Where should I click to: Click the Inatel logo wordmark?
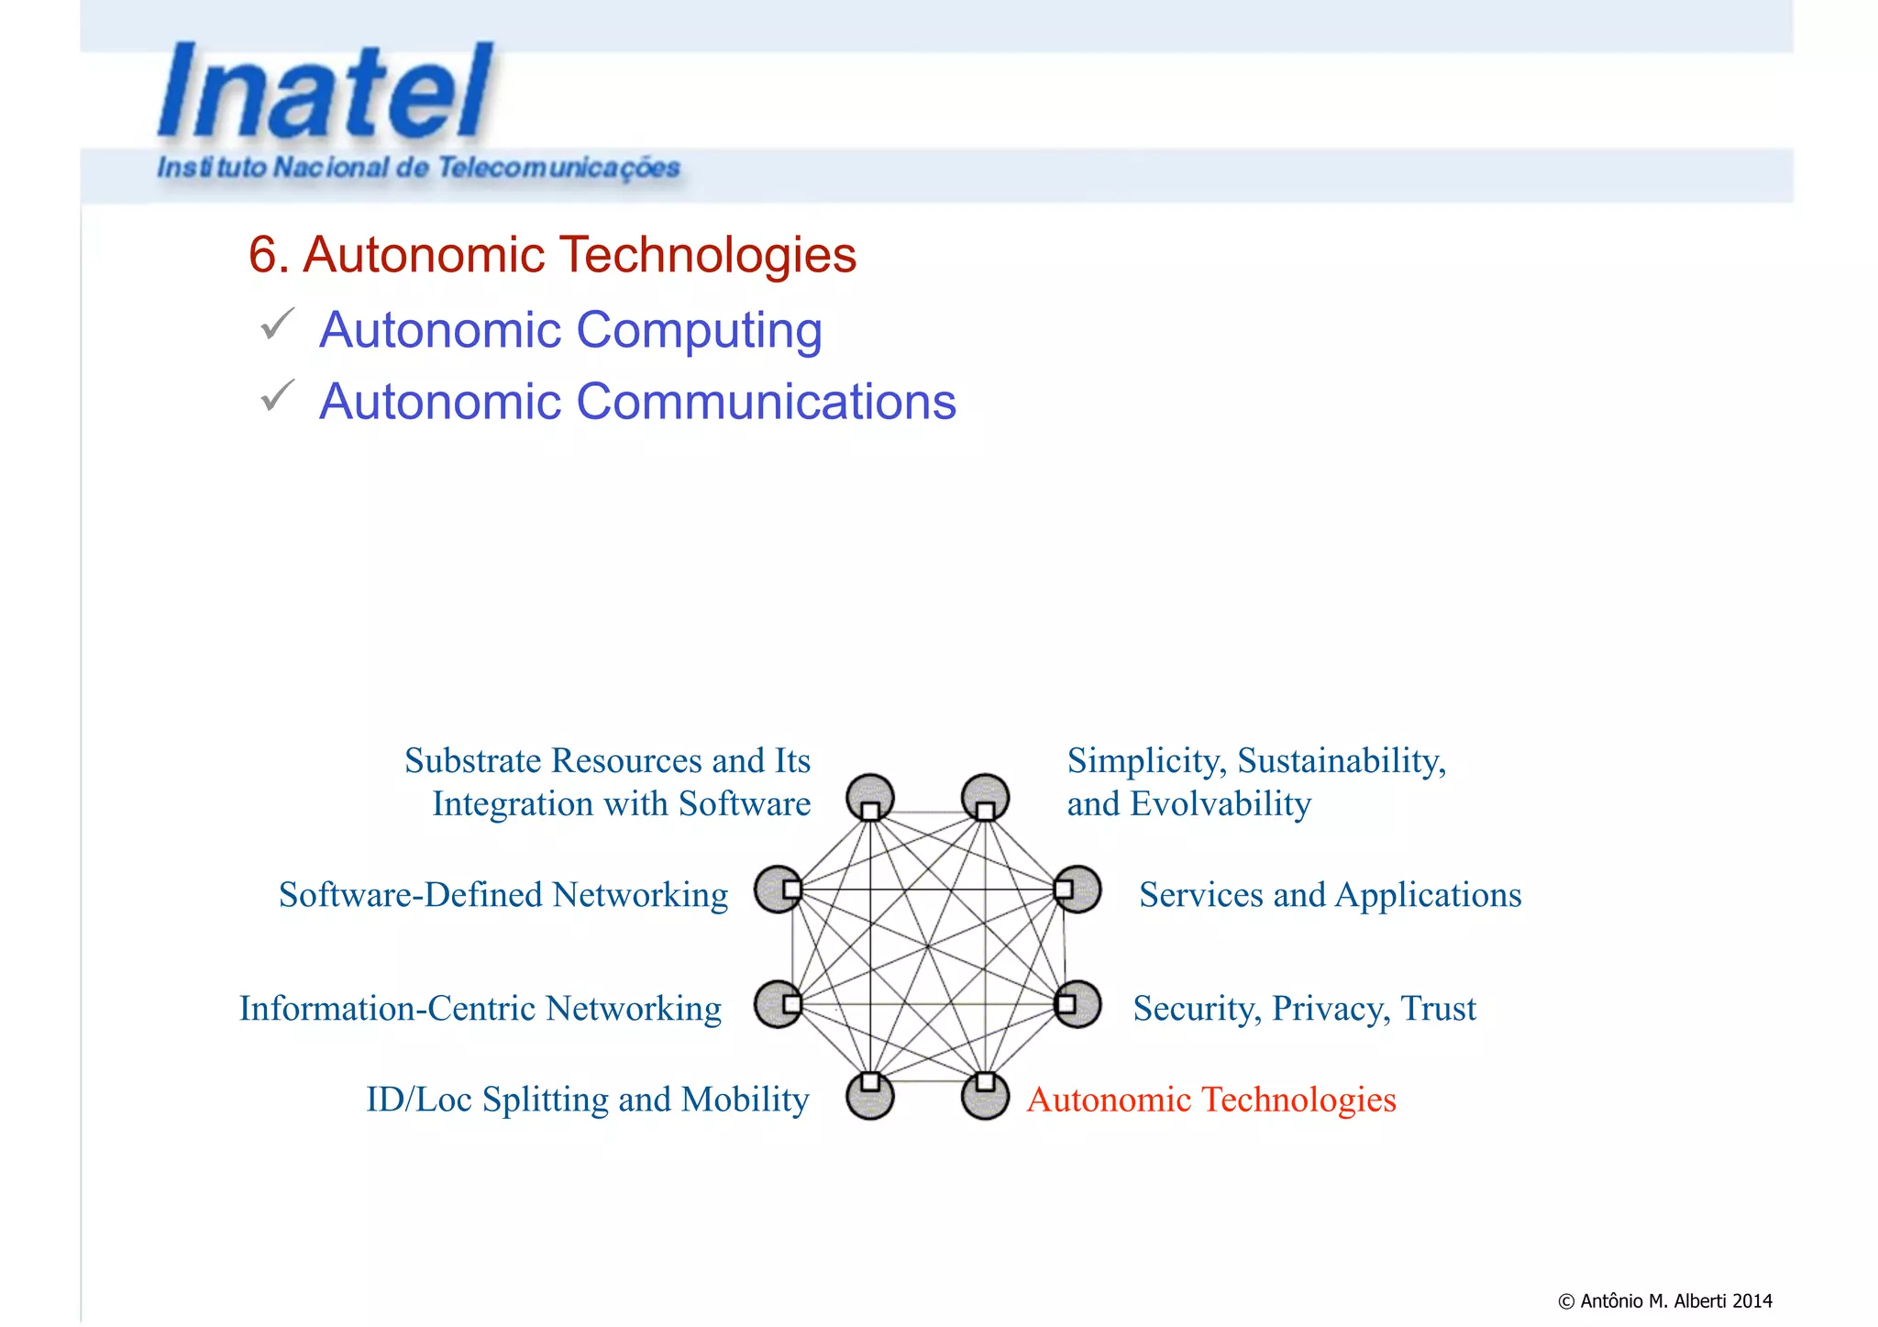pos(326,92)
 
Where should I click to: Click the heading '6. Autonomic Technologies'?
pos(552,254)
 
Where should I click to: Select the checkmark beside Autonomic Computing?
pos(276,324)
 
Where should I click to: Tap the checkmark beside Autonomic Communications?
pos(276,395)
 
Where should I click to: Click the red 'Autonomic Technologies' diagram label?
pos(1210,1099)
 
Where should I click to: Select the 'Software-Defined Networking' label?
pos(503,894)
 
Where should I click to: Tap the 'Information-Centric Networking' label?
pos(481,1008)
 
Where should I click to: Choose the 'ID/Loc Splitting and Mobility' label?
pos(588,1099)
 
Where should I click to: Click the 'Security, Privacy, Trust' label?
pos(1304,1008)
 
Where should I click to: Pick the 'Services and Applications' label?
pos(1330,894)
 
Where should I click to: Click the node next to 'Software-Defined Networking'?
pos(779,890)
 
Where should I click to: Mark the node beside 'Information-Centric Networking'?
pos(779,1004)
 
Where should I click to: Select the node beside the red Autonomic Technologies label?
pos(985,1095)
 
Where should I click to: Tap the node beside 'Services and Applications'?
pos(1077,890)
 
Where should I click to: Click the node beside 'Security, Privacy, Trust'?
pos(1077,1004)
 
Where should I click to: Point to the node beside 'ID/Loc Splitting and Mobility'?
pos(870,1095)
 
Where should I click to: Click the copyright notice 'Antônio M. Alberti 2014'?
pos(1665,1300)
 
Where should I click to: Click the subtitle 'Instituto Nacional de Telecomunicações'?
pos(418,168)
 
